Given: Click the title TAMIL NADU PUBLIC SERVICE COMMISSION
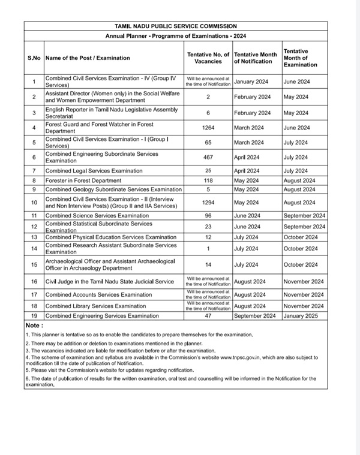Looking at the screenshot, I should tap(176, 26).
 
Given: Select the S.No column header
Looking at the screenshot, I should tap(34, 58).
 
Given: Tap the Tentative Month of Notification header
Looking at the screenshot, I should tap(256, 58).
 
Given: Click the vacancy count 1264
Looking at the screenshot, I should tap(208, 128).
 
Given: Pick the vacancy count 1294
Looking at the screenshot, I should tap(208, 203).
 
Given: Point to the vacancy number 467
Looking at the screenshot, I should tap(208, 157).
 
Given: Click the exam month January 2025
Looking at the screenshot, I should tap(303, 315).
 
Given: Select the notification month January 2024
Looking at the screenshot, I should tap(251, 81).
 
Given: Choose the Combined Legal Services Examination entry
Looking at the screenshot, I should tap(94, 171).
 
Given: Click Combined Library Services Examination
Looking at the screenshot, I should tap(96, 306).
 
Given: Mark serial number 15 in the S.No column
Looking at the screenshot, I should tap(34, 265).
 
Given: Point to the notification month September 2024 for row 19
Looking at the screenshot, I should tap(256, 315).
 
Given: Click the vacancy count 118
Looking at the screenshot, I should tap(208, 180).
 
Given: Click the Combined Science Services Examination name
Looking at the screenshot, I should tap(97, 215).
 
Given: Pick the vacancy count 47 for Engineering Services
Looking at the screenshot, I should tap(208, 315).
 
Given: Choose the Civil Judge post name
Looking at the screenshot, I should tap(110, 282).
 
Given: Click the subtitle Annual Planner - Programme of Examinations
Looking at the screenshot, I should tap(176, 36).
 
